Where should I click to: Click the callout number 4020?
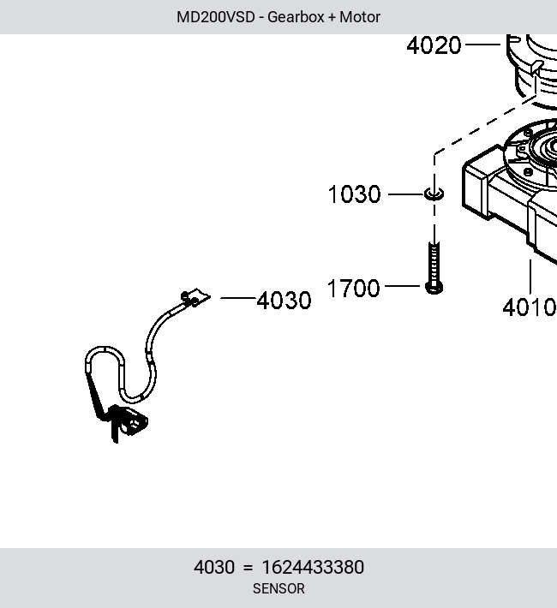(434, 45)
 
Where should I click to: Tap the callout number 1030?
(354, 194)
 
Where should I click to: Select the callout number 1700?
(353, 288)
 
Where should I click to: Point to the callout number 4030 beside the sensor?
(284, 300)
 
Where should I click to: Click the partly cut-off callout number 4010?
(530, 307)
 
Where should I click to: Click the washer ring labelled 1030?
(434, 194)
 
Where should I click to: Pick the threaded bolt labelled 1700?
(434, 267)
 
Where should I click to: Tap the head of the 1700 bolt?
(434, 288)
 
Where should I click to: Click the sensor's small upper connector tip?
(195, 298)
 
